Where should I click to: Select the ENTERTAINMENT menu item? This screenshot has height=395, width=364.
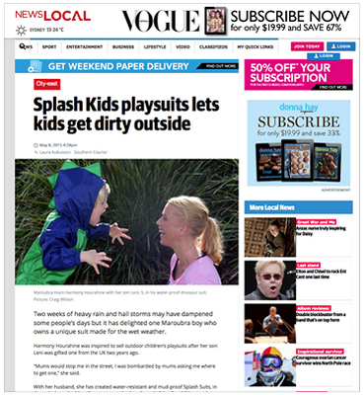point(87,46)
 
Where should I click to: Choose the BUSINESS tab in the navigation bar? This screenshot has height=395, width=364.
point(122,46)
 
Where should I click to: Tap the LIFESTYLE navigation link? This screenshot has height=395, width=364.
point(154,46)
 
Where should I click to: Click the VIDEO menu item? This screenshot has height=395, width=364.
point(183,46)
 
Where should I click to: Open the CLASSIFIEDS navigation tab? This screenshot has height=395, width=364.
point(210,46)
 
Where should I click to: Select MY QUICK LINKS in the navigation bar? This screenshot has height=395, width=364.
point(249,46)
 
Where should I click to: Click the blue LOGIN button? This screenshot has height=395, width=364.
point(326,55)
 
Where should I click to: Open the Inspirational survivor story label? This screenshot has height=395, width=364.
point(322,350)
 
